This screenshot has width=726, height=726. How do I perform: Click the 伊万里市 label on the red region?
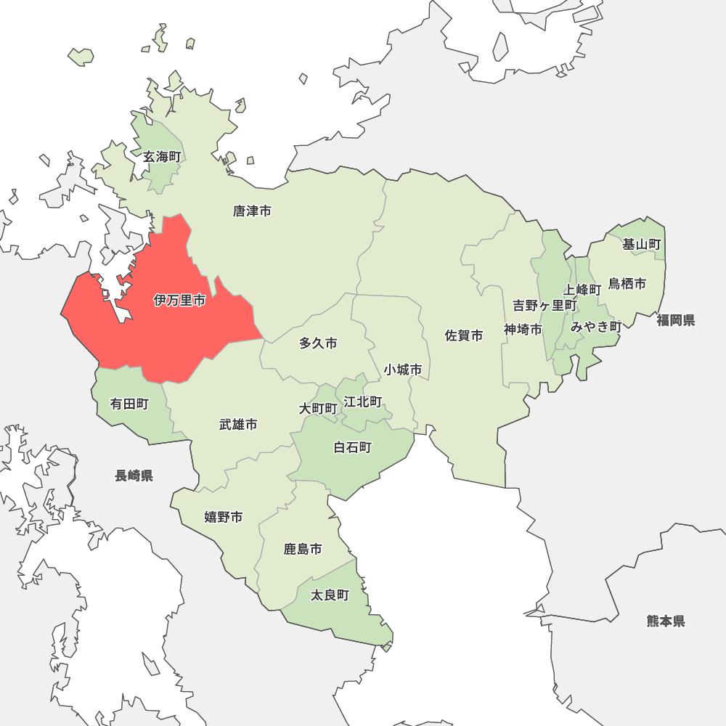[x=179, y=300]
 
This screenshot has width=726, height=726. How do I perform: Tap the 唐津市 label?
[x=252, y=211]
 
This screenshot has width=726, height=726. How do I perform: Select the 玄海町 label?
[x=161, y=157]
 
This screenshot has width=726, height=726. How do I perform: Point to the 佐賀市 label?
[x=464, y=335]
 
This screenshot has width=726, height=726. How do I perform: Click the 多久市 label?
[x=318, y=343]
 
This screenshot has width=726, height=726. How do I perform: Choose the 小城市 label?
[x=403, y=370]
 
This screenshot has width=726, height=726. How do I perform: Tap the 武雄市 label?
[x=238, y=425]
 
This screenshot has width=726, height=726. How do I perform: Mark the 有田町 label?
[x=129, y=404]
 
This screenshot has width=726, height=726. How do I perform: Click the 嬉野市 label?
[x=223, y=517]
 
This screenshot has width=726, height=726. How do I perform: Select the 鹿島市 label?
[x=303, y=549]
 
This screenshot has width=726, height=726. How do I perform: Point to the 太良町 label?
[x=330, y=595]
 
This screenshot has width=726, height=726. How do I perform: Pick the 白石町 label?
[x=352, y=447]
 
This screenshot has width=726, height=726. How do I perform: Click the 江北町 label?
[x=363, y=401]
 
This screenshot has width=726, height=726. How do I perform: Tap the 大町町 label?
[x=318, y=409]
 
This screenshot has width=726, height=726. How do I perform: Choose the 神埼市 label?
[x=523, y=330]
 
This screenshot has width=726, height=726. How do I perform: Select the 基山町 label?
[x=642, y=245]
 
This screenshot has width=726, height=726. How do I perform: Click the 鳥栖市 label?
[x=627, y=283]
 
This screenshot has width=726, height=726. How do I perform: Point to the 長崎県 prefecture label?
[x=134, y=476]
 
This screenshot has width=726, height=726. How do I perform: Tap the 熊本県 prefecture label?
[x=666, y=621]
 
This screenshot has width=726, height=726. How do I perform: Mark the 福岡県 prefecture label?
[x=676, y=320]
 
